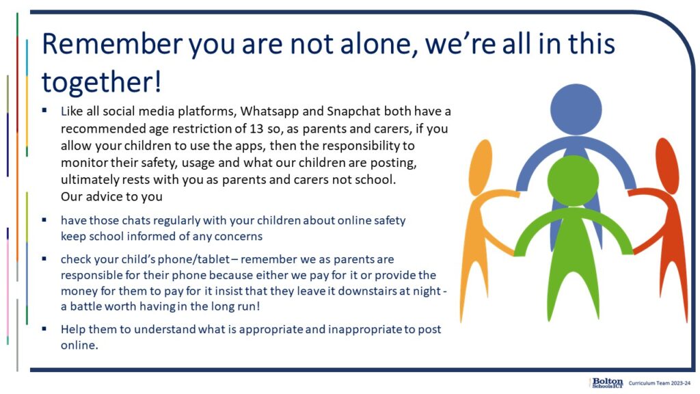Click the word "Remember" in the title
pos(112,44)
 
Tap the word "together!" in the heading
pos(101,83)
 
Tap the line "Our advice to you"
pos(111,196)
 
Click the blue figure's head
pos(576,109)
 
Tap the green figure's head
pos(573,181)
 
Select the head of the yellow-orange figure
pos(481,161)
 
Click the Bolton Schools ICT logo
pos(608,383)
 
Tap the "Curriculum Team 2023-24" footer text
pos(660,383)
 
